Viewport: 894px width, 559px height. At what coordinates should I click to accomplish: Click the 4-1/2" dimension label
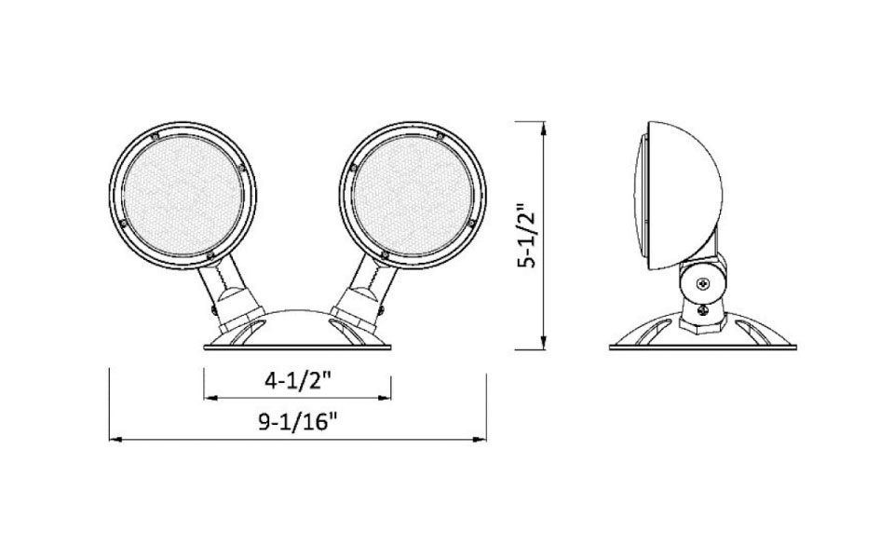pyautogui.click(x=298, y=380)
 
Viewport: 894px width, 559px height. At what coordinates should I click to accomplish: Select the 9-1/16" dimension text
pyautogui.click(x=298, y=423)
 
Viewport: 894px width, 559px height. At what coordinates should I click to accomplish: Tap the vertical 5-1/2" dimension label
pyautogui.click(x=526, y=235)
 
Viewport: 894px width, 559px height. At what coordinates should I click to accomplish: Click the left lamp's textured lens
pyautogui.click(x=183, y=196)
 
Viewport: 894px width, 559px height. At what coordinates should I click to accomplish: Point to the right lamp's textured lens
pyautogui.click(x=413, y=196)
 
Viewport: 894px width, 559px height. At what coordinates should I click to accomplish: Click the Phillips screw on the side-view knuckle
pyautogui.click(x=704, y=283)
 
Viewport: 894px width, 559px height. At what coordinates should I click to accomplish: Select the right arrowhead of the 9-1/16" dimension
pyautogui.click(x=480, y=439)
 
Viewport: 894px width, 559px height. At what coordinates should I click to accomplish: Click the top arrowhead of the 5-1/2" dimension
pyautogui.click(x=544, y=128)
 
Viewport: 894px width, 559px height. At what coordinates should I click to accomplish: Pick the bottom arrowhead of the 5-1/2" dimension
pyautogui.click(x=544, y=343)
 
